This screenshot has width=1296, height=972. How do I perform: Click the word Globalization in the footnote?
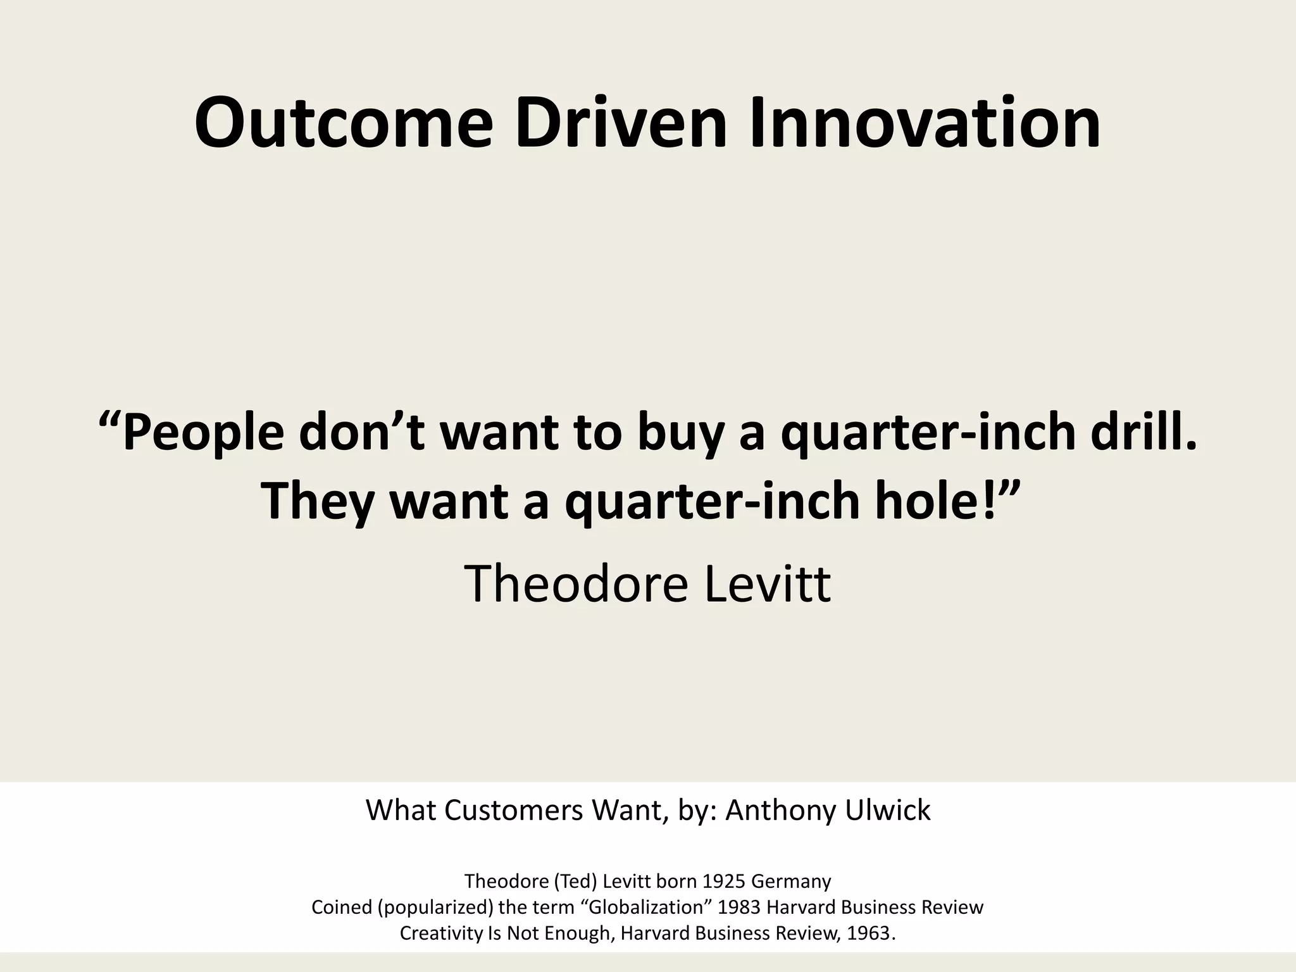(647, 907)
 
